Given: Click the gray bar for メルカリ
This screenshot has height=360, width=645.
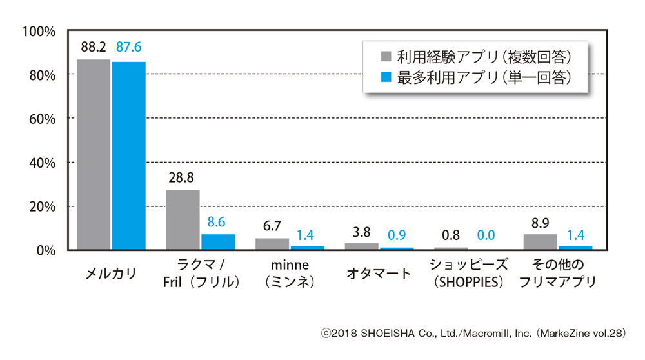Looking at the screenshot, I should click(x=94, y=154).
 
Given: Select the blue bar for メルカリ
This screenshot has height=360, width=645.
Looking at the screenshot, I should click(x=129, y=155).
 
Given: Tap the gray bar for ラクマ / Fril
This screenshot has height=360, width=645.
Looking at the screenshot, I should click(x=183, y=219).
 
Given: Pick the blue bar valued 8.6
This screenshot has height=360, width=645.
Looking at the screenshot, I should click(x=218, y=242).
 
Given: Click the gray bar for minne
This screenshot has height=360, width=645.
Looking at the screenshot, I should click(x=272, y=244).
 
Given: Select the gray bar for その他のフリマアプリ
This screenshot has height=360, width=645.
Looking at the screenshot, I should click(x=541, y=242).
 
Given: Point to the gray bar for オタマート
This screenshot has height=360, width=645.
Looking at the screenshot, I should click(x=362, y=246).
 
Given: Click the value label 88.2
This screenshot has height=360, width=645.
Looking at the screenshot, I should click(x=94, y=48).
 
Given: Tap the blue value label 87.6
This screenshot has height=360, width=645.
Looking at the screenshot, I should click(x=129, y=48).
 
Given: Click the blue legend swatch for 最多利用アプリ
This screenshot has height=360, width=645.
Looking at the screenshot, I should click(x=386, y=77).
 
